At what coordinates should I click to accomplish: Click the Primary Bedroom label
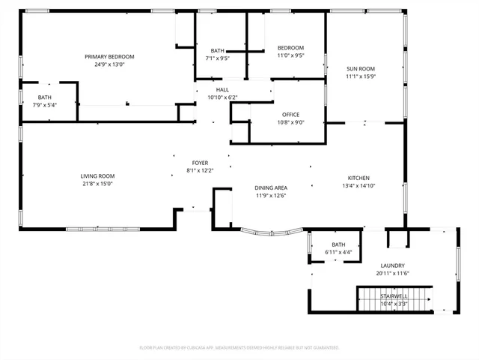109,57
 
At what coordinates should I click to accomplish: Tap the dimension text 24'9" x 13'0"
109,64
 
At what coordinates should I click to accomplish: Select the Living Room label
97,176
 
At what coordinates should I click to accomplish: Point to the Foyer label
200,163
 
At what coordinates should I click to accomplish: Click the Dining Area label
271,188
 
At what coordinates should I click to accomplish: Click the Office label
290,115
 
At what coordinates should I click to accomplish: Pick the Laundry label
393,265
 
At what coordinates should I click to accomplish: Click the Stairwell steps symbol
394,299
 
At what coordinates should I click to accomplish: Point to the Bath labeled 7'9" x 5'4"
45,101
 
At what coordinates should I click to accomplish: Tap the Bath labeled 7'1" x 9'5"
218,54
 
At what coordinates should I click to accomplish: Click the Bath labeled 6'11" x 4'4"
338,248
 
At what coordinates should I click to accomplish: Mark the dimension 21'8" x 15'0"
97,184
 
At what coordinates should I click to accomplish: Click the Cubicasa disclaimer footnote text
239,347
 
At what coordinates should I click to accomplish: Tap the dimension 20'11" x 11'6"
393,273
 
